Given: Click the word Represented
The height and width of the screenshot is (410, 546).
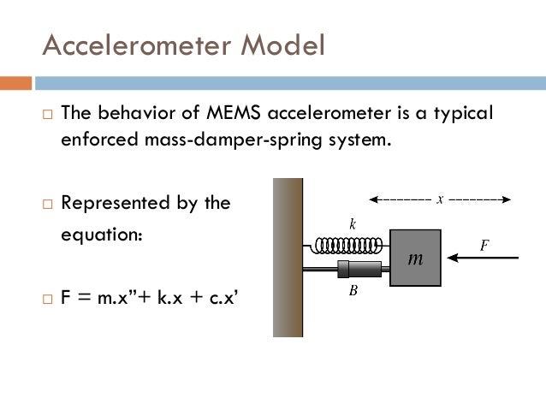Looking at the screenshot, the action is pyautogui.click(x=120, y=204).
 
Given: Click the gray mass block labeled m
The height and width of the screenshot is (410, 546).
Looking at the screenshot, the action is pyautogui.click(x=415, y=257).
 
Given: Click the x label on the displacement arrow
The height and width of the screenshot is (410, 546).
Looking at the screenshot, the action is pyautogui.click(x=439, y=199).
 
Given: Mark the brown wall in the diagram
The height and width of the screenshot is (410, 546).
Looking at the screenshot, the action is pyautogui.click(x=288, y=257).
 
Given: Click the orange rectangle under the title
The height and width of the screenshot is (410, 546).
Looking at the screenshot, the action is pyautogui.click(x=15, y=83).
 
